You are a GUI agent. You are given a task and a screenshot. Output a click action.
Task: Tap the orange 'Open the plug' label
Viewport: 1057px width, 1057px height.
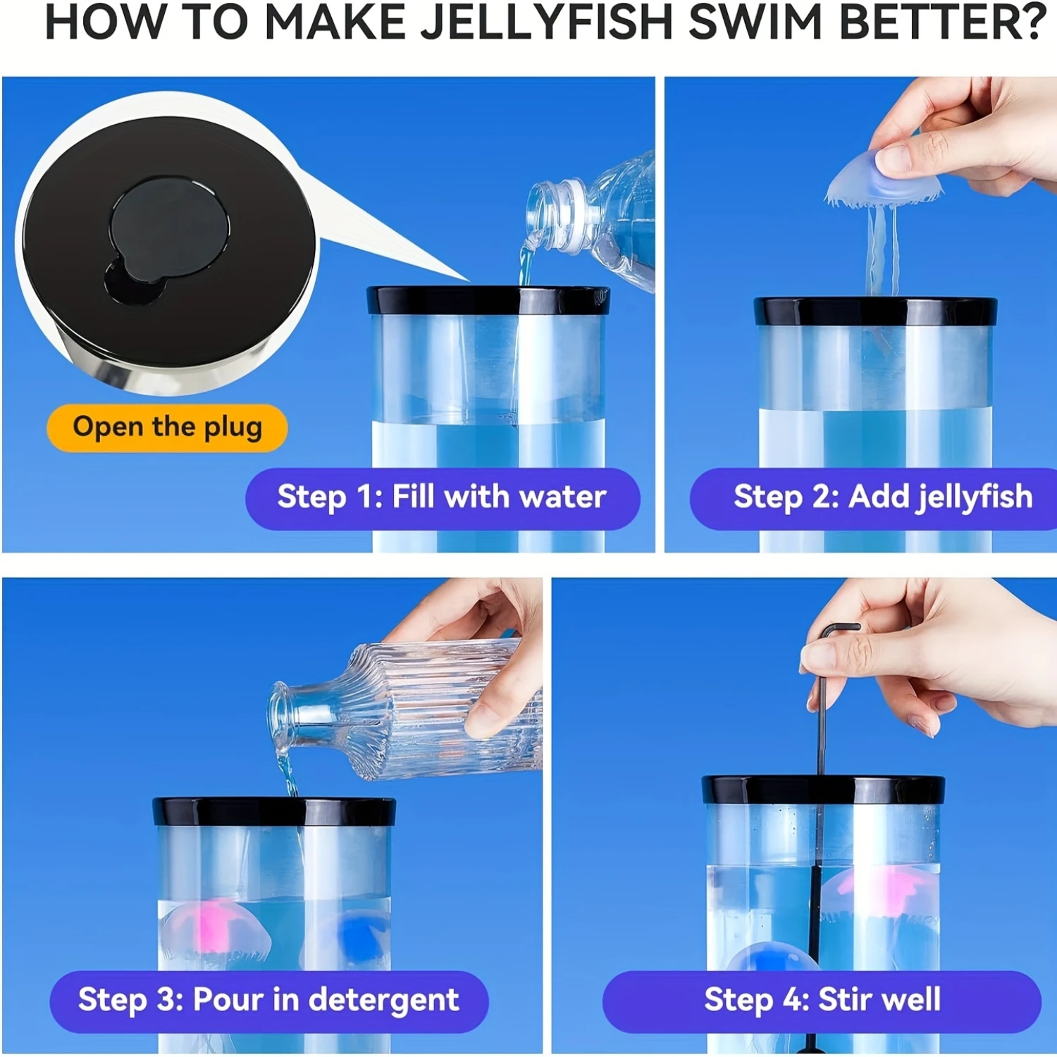(167, 427)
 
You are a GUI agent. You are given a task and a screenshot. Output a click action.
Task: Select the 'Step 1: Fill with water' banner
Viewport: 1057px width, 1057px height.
(442, 497)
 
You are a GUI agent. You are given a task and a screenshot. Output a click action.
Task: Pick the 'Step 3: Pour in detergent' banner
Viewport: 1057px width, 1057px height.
(268, 1000)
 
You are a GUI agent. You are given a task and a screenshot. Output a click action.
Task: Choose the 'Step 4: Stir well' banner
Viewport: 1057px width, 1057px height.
(822, 1000)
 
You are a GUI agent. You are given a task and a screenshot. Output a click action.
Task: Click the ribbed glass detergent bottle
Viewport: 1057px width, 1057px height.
(416, 712)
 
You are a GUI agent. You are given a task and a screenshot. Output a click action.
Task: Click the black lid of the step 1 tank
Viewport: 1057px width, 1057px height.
(488, 300)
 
